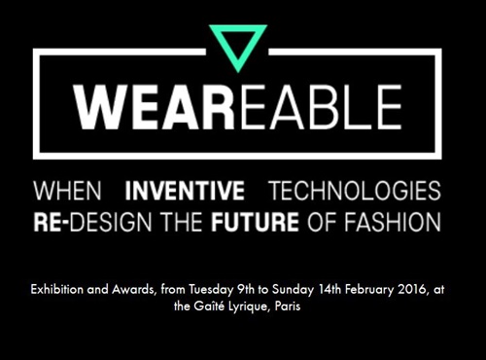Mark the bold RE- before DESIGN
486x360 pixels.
click(x=51, y=219)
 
